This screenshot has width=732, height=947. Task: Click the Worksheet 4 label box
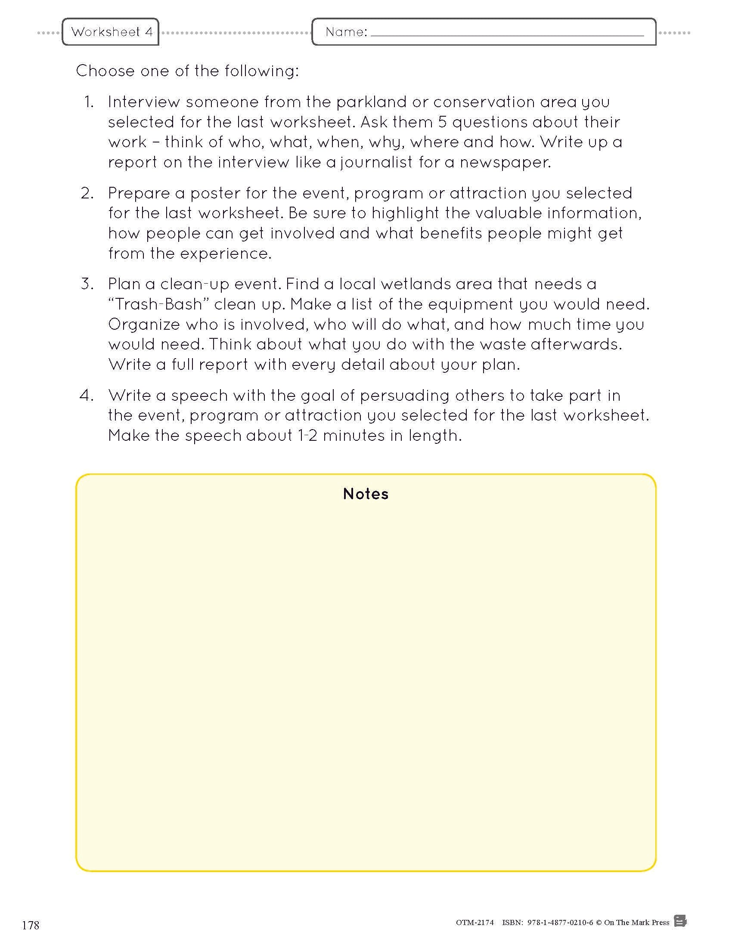[x=111, y=32]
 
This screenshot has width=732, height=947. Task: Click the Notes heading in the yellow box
[x=366, y=494]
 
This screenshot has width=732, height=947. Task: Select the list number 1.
[x=89, y=102]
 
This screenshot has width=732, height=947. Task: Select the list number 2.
[x=87, y=193]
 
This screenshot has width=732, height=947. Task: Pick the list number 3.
[x=87, y=284]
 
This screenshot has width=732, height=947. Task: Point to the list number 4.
[x=87, y=396]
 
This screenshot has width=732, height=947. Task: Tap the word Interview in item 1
[x=144, y=102]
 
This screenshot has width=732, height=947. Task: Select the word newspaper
[x=505, y=163]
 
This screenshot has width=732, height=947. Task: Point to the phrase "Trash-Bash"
[x=159, y=304]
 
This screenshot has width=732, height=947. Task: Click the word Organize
[x=144, y=325]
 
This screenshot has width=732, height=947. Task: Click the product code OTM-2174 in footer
[x=475, y=922]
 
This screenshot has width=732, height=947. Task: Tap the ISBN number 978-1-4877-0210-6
[x=560, y=922]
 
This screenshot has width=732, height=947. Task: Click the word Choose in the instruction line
[x=105, y=71]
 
